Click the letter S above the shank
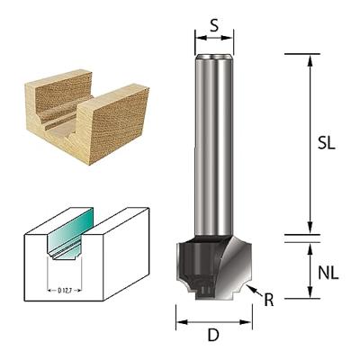213,26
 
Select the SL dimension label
329,144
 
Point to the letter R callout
268,300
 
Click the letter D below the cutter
213,336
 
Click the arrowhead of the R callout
255,289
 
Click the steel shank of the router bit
214,144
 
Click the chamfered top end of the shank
214,58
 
